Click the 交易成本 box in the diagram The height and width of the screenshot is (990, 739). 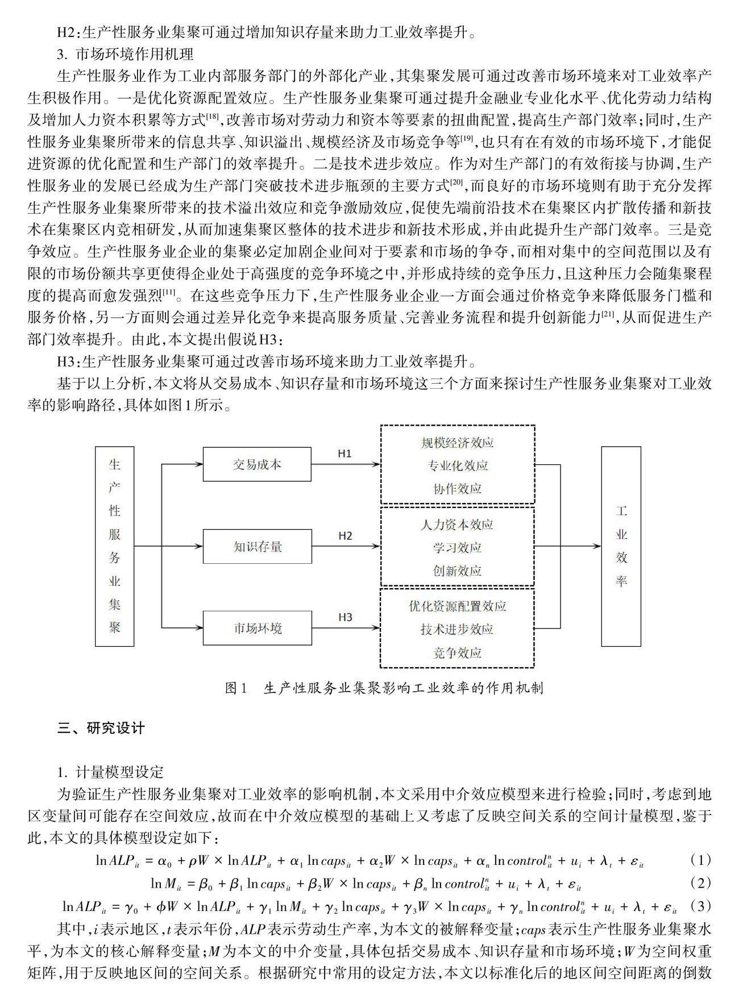[x=257, y=464]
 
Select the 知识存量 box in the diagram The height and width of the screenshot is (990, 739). [x=257, y=547]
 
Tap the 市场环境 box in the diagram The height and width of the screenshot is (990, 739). [x=257, y=628]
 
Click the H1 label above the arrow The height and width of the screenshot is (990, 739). [x=345, y=454]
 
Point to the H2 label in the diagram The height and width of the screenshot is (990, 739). [x=345, y=536]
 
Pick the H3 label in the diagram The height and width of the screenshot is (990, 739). [x=345, y=617]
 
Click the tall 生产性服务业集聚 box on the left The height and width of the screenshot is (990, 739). [x=115, y=546]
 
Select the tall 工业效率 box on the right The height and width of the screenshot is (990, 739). [x=621, y=546]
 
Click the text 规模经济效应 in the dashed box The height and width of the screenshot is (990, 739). [x=457, y=443]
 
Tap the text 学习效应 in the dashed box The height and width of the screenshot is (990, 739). [x=457, y=548]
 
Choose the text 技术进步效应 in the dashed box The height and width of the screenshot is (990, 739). [x=457, y=629]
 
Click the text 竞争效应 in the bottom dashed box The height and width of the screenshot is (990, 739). [x=457, y=652]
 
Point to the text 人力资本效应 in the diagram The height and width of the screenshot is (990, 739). [x=457, y=525]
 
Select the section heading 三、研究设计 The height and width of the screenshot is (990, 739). [x=101, y=728]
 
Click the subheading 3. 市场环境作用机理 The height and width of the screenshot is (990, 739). [x=125, y=55]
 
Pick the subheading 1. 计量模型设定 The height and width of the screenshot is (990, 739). [x=110, y=772]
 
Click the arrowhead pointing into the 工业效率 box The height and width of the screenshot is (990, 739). [x=597, y=546]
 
